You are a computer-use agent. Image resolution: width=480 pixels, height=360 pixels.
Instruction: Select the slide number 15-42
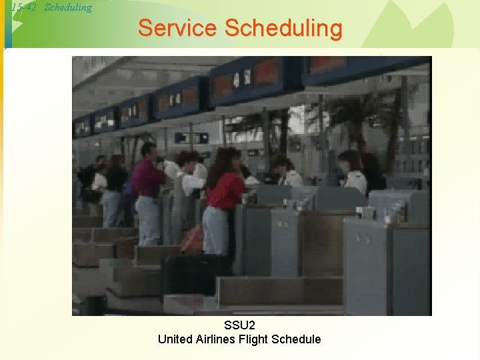(25, 8)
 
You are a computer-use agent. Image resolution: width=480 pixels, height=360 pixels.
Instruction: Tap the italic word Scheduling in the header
(68, 8)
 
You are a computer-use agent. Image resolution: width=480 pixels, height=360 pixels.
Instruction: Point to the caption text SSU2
(239, 325)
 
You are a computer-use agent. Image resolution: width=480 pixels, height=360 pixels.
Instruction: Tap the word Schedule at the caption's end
(297, 339)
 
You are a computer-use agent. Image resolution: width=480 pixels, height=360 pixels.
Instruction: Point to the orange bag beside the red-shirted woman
(193, 241)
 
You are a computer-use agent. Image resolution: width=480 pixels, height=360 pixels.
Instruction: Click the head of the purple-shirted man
(148, 152)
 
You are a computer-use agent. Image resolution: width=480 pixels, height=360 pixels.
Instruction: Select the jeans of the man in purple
(148, 220)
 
